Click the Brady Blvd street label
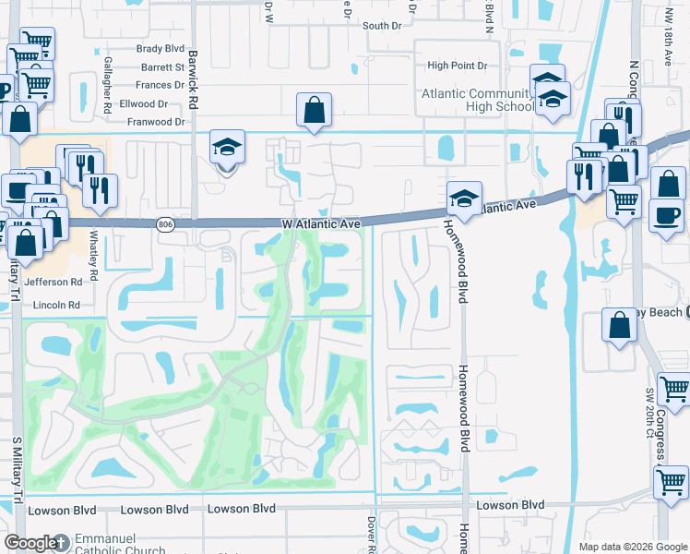(161, 49)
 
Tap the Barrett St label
(162, 66)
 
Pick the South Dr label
(382, 26)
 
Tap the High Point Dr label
(456, 66)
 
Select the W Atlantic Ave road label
(318, 223)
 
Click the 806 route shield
(165, 224)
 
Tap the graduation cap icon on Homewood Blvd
(463, 198)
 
